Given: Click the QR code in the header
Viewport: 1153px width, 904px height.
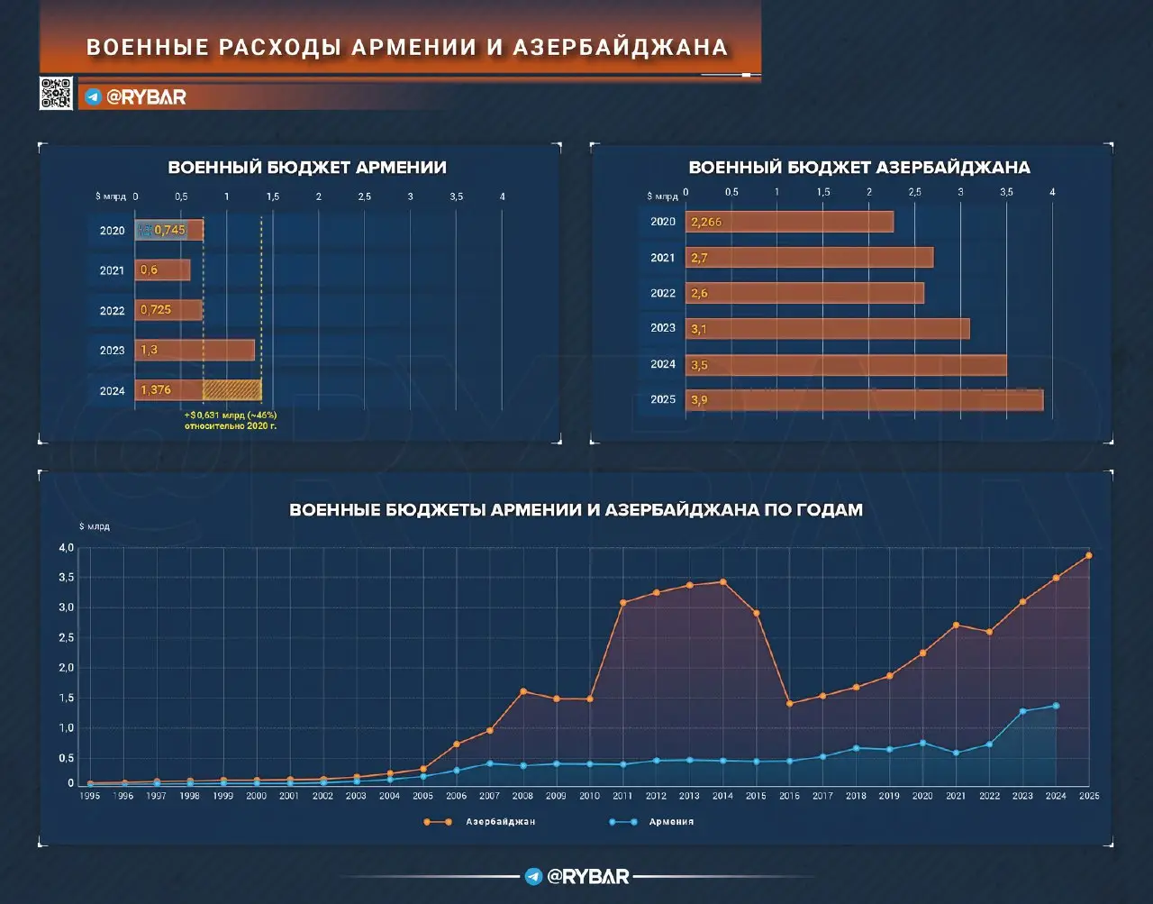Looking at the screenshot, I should pos(56,94).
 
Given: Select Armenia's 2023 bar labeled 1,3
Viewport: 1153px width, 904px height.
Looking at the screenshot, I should pos(195,350).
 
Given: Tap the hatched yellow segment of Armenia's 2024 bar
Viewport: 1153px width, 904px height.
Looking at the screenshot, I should pos(232,390).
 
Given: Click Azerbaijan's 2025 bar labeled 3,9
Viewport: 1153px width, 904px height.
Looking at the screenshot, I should pos(865,400).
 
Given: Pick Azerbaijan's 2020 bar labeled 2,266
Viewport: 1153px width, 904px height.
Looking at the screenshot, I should pos(790,222).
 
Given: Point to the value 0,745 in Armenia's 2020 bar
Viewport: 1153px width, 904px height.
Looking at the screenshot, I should pos(169,230).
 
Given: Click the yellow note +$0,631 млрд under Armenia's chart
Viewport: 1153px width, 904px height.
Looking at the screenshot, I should pos(231,420).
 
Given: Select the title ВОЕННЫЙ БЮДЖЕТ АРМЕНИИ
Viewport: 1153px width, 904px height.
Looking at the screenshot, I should pos(307,168).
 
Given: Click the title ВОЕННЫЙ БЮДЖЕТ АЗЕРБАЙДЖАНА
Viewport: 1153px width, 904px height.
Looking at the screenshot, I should pos(858,168).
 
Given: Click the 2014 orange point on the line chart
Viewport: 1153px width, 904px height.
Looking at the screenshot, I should pos(722,582).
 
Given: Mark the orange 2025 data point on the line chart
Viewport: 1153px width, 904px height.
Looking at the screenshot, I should pos(1088,555).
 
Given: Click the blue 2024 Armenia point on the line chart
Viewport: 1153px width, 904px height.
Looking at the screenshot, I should pos(1056,706).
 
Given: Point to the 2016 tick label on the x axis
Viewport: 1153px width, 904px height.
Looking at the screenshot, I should pos(789,797).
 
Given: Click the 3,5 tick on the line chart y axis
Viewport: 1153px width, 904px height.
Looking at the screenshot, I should pos(67,578).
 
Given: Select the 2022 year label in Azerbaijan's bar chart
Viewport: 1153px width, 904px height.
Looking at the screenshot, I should pos(663,293).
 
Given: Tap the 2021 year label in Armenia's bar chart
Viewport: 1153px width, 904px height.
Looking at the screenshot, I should pos(112,270).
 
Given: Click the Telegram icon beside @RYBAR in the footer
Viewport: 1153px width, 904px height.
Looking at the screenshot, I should pos(533,877).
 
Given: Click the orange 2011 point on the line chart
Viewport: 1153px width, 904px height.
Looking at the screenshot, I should pos(622,603).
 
